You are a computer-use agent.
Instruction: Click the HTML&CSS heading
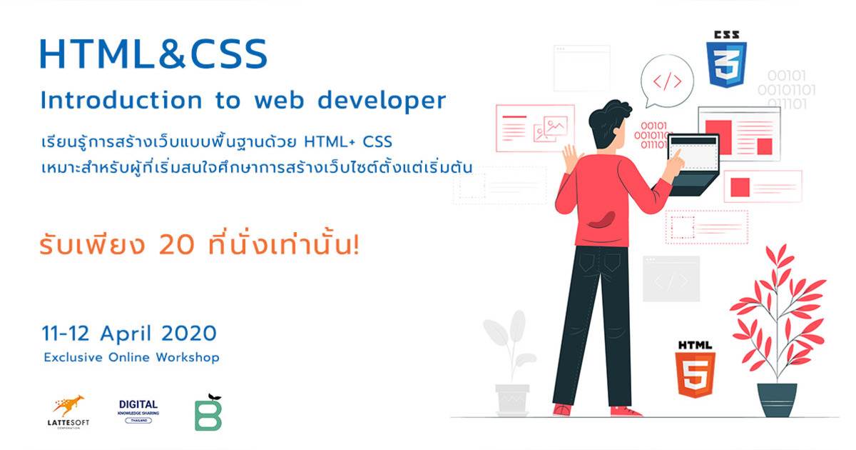coord(153,54)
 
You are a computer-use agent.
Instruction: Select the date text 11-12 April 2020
coord(129,333)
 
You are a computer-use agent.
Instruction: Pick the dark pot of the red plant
coord(777,399)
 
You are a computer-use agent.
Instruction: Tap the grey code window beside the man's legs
coord(671,279)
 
